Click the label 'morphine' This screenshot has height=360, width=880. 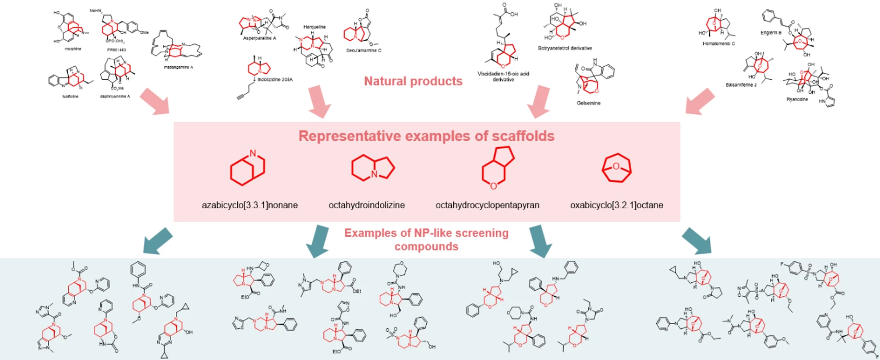[x=73, y=49]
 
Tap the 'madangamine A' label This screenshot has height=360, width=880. [x=178, y=67]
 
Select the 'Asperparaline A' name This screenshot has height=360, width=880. [x=259, y=38]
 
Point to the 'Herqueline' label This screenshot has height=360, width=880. [x=315, y=27]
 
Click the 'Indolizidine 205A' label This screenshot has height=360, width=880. [x=275, y=79]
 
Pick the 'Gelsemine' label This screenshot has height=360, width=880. [x=588, y=103]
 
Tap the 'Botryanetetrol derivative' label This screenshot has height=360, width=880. [x=565, y=48]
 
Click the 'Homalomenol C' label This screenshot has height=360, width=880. [x=718, y=44]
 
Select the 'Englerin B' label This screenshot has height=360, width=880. [x=771, y=33]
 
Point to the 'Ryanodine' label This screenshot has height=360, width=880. [x=797, y=99]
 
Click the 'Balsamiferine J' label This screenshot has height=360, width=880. [x=741, y=85]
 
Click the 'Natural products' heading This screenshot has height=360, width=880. [x=413, y=81]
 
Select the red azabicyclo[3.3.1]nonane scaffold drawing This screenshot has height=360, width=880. [x=248, y=167]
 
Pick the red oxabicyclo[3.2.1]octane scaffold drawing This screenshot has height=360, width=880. [x=617, y=167]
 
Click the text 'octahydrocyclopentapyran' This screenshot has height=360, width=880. [x=487, y=206]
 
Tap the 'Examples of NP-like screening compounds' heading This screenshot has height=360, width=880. [x=426, y=239]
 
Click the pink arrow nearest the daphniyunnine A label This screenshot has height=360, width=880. [x=154, y=101]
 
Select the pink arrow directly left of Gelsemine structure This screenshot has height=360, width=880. [x=539, y=102]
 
